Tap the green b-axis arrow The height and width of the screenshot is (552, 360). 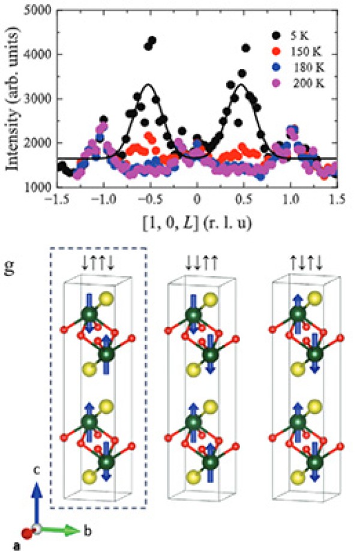[62, 530]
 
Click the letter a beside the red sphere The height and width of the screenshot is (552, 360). [22, 545]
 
